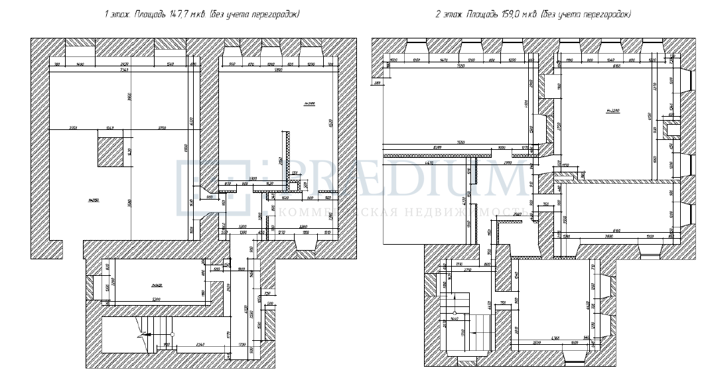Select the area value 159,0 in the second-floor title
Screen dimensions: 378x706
pos(506,14)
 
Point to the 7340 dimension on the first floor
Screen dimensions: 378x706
pos(123,70)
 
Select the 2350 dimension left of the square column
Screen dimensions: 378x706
pos(74,128)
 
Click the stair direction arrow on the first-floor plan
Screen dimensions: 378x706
pos(141,326)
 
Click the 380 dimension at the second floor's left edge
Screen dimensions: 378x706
pos(378,83)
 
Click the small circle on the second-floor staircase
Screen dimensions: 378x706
pos(455,312)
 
